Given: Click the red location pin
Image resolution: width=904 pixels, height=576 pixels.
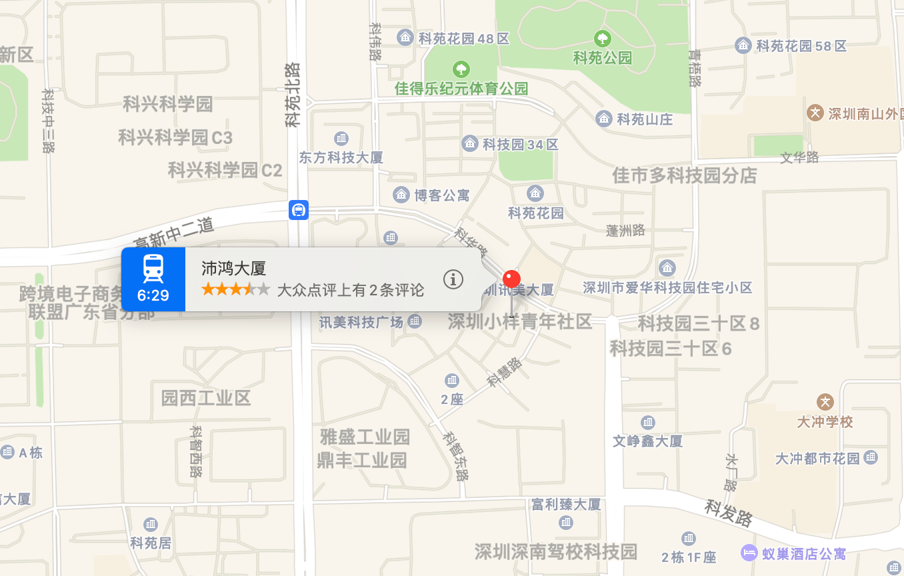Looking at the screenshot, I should [x=511, y=279].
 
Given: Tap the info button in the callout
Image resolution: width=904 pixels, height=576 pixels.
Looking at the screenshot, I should [x=453, y=279].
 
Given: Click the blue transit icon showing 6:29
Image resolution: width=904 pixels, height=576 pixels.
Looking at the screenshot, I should [x=153, y=279].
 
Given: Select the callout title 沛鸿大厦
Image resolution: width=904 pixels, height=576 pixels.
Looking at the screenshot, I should [x=234, y=269].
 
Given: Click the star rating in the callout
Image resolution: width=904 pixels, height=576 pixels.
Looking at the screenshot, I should [x=235, y=289].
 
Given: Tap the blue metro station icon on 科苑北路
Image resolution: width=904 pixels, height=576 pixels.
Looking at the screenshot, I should [x=299, y=210].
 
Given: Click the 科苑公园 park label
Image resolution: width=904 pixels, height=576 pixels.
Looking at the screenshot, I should [x=603, y=58].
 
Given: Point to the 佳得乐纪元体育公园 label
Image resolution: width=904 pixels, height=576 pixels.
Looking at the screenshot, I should [x=461, y=88].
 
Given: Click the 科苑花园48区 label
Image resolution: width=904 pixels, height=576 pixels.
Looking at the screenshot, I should [x=463, y=39].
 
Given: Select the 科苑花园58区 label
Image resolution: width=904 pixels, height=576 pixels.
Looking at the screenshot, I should [x=801, y=46].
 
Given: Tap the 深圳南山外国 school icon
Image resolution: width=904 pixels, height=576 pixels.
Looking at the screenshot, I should [x=815, y=113].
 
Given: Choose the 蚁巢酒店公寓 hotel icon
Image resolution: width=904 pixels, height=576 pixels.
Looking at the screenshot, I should [x=749, y=553].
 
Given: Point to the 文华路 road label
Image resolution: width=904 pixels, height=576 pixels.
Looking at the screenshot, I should [x=799, y=158].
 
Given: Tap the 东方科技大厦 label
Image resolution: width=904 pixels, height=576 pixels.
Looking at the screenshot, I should [x=341, y=158].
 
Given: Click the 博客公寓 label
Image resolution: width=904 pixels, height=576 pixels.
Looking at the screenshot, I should [x=441, y=195].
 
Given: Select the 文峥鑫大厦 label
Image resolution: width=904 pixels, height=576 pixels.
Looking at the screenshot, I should [x=648, y=441].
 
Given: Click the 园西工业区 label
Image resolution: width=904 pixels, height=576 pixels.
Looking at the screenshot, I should [x=206, y=399].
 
